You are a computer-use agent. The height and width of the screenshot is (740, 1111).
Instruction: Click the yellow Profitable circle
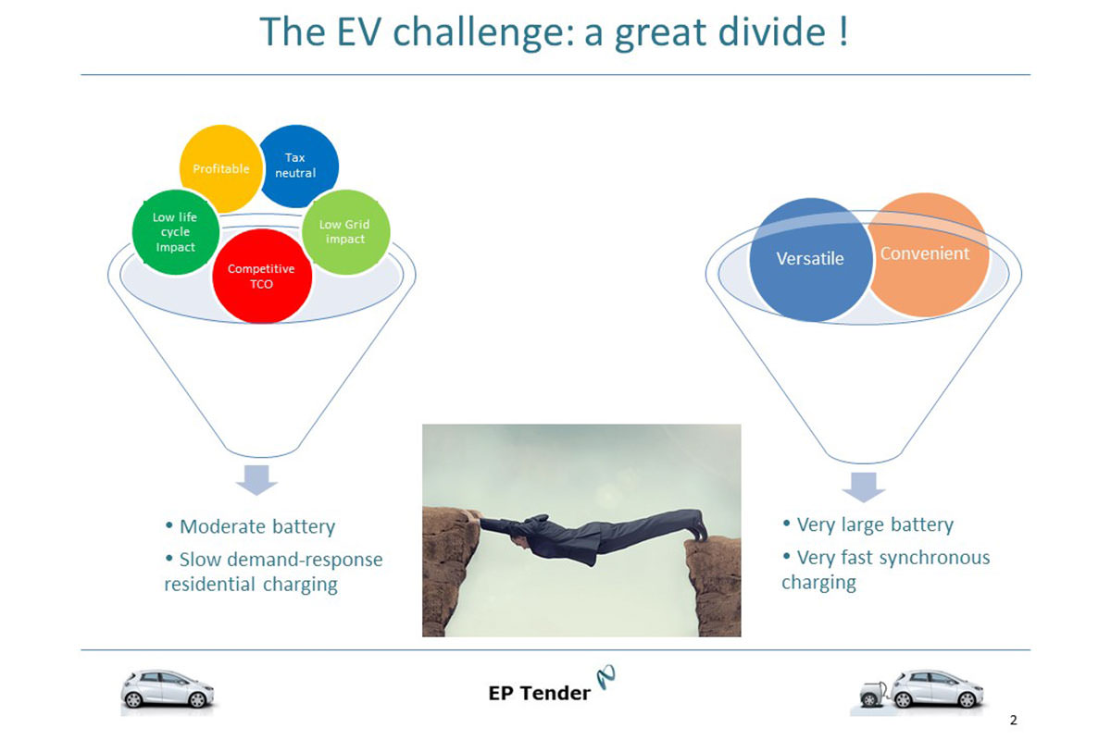pyautogui.click(x=221, y=168)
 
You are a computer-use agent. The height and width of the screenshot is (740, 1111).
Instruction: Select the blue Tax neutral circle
pyautogui.click(x=297, y=166)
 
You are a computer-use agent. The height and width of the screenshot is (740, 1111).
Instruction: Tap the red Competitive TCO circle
pyautogui.click(x=262, y=276)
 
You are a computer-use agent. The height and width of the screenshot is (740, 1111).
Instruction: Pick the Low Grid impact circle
pyautogui.click(x=345, y=232)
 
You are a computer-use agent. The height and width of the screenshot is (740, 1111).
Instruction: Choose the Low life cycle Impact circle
pyautogui.click(x=176, y=232)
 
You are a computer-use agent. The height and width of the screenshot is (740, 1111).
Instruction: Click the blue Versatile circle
pyautogui.click(x=810, y=259)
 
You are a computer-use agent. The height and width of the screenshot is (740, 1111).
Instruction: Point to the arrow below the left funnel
pyautogui.click(x=256, y=480)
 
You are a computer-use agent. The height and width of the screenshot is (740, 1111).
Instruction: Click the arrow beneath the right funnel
pyautogui.click(x=864, y=487)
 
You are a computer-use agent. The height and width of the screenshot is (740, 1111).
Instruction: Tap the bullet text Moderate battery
pyautogui.click(x=257, y=526)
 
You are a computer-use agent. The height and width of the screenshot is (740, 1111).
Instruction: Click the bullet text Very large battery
pyautogui.click(x=875, y=524)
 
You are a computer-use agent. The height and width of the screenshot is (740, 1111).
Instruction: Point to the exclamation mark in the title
pyautogui.click(x=843, y=31)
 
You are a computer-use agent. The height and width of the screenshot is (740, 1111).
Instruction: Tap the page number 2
pyautogui.click(x=1013, y=720)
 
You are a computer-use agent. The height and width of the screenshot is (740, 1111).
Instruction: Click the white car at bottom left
pyautogui.click(x=168, y=689)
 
